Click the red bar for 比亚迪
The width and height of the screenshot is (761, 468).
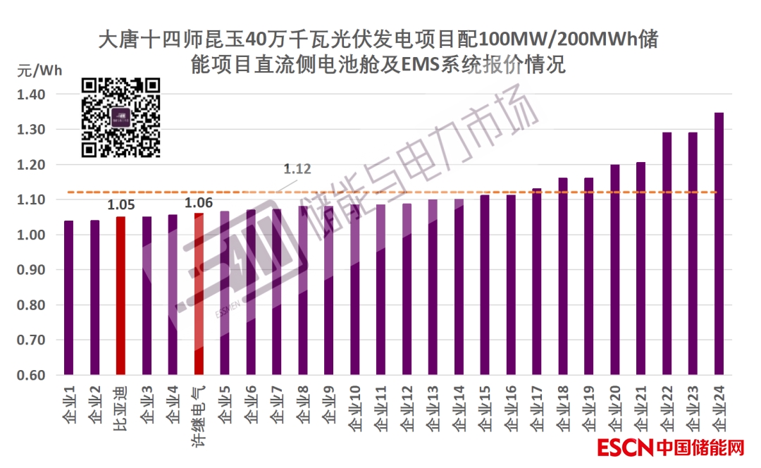click(120, 295)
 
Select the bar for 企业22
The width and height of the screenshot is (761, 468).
click(667, 253)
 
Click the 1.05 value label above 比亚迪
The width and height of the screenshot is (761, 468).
click(120, 205)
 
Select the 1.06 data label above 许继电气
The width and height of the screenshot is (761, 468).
click(199, 204)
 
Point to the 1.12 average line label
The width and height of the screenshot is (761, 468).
click(297, 169)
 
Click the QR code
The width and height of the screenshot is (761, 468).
click(120, 117)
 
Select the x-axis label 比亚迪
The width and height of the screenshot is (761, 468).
click(120, 409)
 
